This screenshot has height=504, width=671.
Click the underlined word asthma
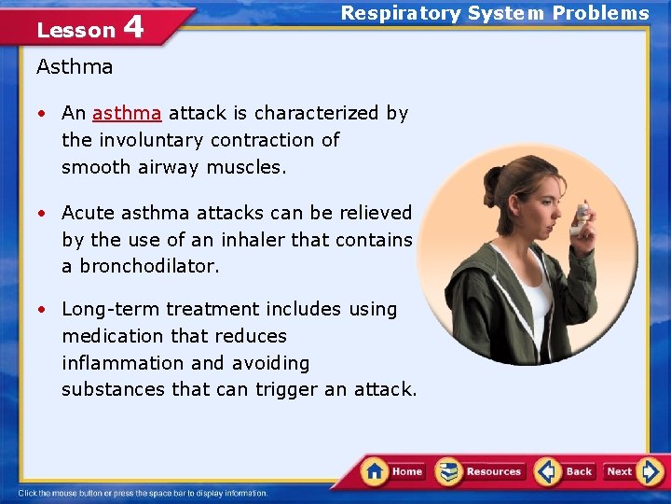(x=127, y=114)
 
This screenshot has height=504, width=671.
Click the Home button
(x=393, y=471)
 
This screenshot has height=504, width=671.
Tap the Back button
(x=566, y=471)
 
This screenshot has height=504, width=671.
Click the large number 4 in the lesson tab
(x=133, y=27)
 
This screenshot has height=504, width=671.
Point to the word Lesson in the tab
(x=75, y=31)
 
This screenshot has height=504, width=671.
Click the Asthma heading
(x=75, y=67)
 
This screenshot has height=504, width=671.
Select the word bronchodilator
(x=149, y=266)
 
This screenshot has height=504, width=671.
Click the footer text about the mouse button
(x=143, y=494)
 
